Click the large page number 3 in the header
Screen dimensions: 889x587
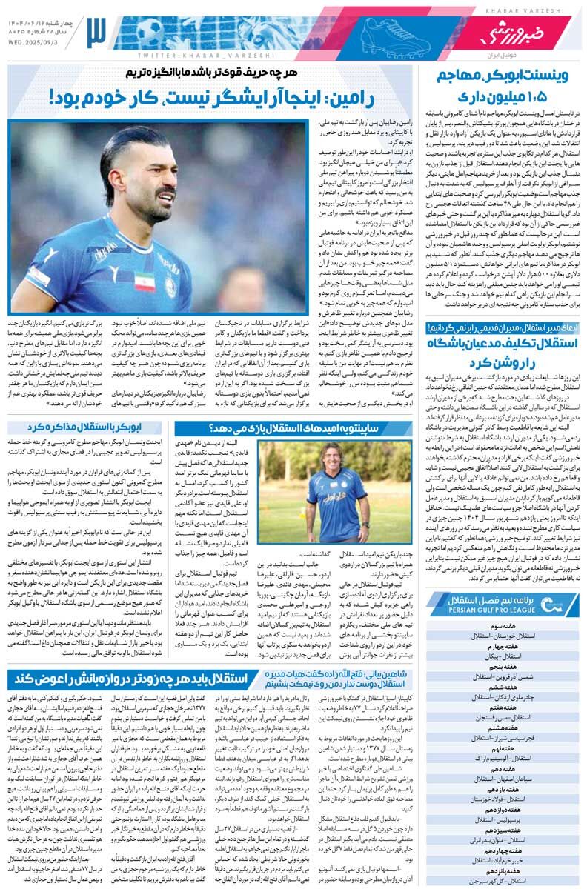click(97, 31)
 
